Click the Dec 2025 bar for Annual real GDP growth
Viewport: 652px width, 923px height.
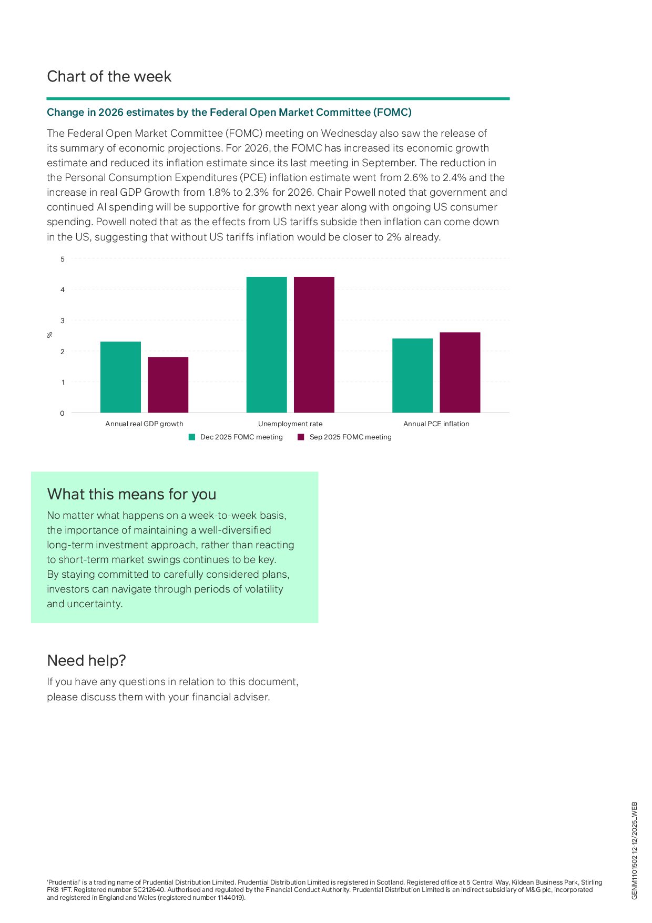(120, 377)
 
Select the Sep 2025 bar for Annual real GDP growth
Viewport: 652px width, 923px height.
(168, 385)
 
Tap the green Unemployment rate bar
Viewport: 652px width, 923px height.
(267, 345)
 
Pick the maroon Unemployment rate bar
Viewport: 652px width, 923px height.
(314, 345)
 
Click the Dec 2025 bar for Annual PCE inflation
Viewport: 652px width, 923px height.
(412, 375)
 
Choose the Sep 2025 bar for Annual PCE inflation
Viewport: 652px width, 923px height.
(460, 372)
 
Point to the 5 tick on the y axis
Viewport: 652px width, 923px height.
(63, 259)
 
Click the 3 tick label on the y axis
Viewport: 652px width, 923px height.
(63, 320)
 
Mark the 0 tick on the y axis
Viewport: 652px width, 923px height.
(62, 413)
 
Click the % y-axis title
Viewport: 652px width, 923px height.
(50, 335)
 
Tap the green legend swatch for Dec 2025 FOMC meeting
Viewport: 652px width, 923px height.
(192, 437)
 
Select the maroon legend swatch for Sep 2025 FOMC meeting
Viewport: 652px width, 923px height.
(301, 437)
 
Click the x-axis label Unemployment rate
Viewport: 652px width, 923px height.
(290, 424)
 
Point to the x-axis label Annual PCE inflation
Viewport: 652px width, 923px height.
(436, 424)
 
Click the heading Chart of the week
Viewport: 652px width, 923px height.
(109, 76)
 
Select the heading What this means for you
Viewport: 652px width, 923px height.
(131, 494)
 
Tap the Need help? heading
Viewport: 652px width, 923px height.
(86, 660)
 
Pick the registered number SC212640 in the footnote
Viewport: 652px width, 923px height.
(149, 890)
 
